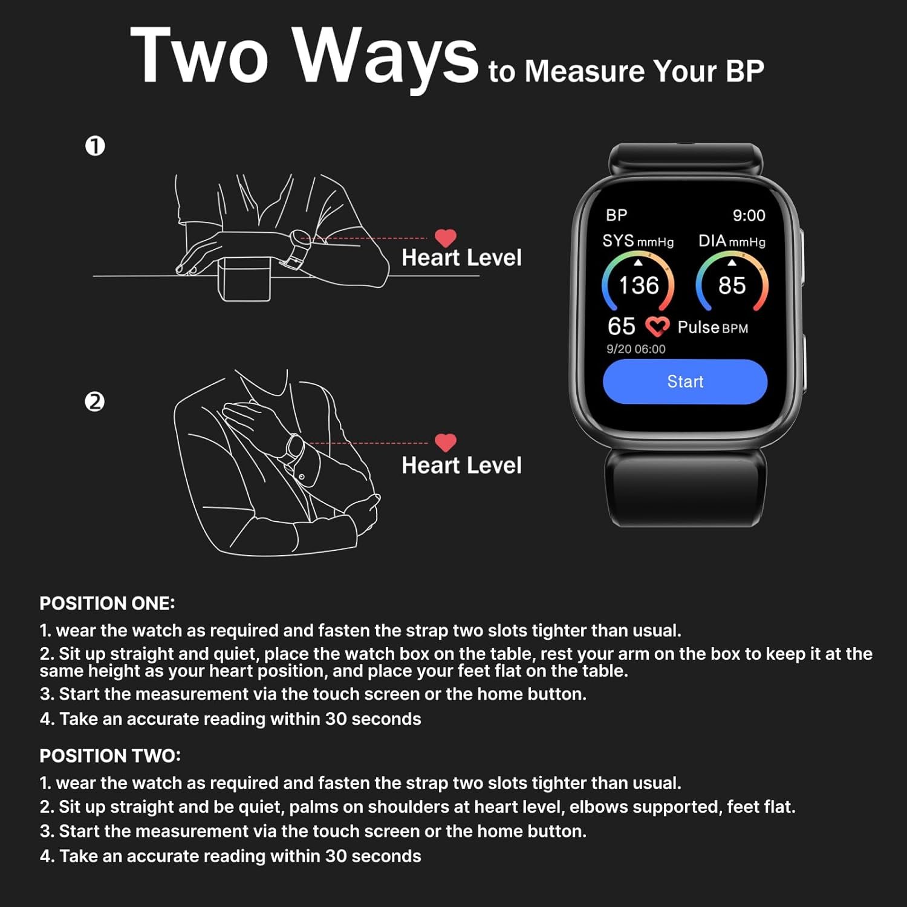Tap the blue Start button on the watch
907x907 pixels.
click(685, 382)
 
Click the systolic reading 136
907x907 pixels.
click(639, 285)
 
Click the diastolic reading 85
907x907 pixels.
click(732, 285)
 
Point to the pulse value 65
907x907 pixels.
click(621, 327)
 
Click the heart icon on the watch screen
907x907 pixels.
click(657, 327)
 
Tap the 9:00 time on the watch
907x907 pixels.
click(749, 215)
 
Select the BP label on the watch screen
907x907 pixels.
click(617, 215)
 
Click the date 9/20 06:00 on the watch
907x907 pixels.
click(636, 349)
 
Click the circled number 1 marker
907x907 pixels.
click(95, 146)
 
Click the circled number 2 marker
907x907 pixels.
click(94, 401)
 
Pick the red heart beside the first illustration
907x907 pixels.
click(446, 238)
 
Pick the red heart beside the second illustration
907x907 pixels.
click(446, 443)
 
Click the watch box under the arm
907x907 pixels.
click(244, 279)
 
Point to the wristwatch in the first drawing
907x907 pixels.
click(297, 247)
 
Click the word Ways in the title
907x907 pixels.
click(387, 57)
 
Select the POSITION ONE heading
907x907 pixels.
click(107, 603)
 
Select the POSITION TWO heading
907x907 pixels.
click(110, 756)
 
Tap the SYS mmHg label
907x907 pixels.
click(638, 241)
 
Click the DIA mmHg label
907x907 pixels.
click(732, 241)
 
